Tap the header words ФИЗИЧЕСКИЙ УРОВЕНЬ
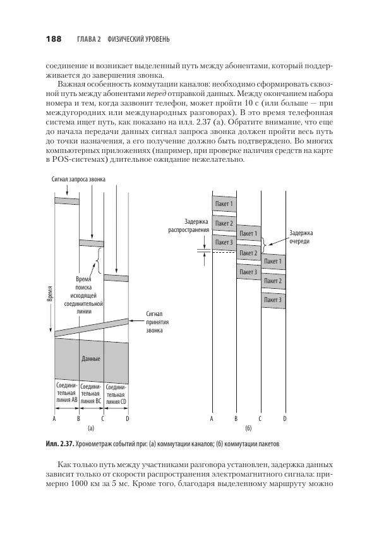click(138, 40)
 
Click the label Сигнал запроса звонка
click(78, 180)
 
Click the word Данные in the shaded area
click(91, 358)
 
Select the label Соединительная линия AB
click(66, 393)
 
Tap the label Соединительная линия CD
click(116, 393)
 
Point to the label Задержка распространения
click(188, 226)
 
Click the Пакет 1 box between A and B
click(224, 204)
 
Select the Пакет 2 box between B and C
click(248, 253)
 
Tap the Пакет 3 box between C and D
click(273, 300)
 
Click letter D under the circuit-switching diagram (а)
click(127, 418)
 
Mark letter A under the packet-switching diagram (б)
click(212, 418)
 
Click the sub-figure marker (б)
click(248, 428)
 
